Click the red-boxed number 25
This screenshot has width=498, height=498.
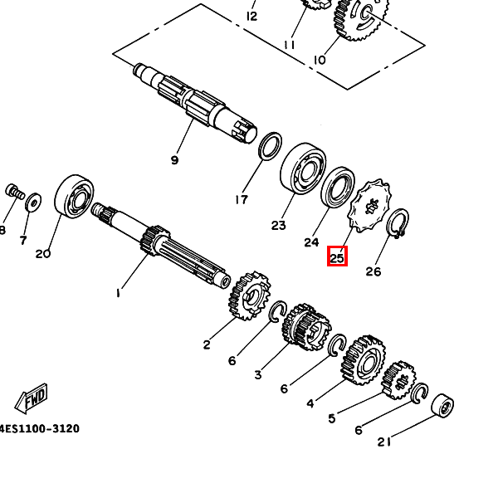click(337, 257)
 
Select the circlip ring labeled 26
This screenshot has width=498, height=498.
click(398, 224)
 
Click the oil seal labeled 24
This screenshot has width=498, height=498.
click(339, 190)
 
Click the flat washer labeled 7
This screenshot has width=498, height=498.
click(33, 202)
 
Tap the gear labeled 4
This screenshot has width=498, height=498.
click(364, 358)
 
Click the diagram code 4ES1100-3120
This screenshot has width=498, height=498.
click(39, 428)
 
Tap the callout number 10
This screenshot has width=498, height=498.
click(320, 60)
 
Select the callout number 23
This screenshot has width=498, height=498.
click(278, 225)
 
